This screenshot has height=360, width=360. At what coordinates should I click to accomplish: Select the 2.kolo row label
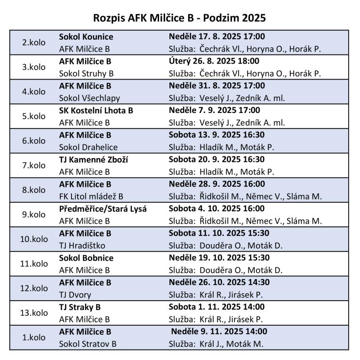(34, 42)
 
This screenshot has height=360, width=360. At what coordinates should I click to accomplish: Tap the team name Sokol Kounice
(86, 37)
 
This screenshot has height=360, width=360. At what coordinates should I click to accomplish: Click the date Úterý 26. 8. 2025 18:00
(214, 61)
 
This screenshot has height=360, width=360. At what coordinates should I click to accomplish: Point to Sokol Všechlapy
(89, 98)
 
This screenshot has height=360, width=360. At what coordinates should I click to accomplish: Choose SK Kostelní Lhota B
(96, 111)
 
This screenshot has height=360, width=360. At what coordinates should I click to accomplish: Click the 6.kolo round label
(34, 141)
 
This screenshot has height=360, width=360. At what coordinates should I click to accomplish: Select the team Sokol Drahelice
(88, 147)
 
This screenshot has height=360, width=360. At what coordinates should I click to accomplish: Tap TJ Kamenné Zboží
(94, 160)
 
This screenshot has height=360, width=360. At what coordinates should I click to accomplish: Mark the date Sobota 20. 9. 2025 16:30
(216, 160)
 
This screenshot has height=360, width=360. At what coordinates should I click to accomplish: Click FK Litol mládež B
(91, 196)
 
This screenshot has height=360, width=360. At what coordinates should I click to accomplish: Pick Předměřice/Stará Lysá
(103, 208)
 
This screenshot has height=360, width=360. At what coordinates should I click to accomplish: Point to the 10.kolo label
(34, 239)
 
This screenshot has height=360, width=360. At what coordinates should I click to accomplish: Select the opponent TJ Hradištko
(82, 245)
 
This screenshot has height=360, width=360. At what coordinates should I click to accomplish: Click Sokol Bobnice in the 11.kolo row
(86, 258)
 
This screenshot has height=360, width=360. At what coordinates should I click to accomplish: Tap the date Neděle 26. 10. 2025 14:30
(219, 282)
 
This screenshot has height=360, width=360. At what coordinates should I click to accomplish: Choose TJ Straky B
(80, 307)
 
